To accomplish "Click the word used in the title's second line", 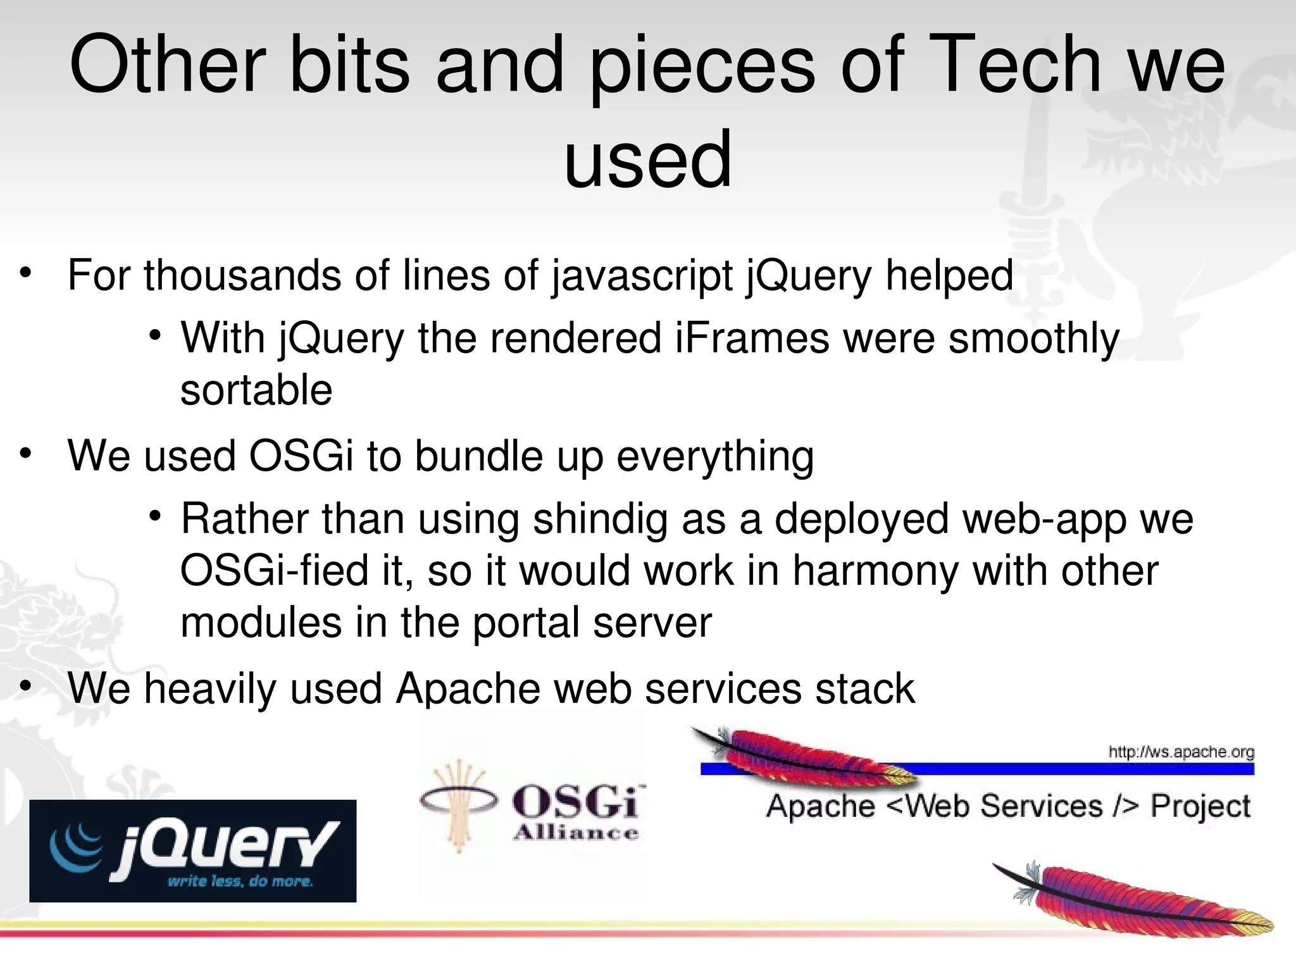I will point(647,159).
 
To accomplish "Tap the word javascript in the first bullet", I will point(642,277).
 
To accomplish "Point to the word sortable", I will point(256,390).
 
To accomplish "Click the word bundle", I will point(478,456).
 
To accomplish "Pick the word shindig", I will point(600,519).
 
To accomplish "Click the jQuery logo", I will point(193,850).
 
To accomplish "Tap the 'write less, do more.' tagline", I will point(240,882).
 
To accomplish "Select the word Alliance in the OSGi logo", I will point(575,833).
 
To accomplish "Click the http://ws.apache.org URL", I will point(1181,752).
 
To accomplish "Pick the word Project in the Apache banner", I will point(1200,807).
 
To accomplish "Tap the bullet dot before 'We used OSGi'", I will point(25,454).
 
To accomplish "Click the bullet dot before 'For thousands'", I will point(25,273).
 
